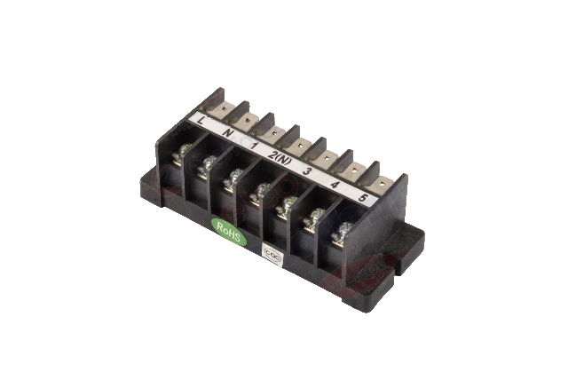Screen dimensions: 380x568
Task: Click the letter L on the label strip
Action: (205, 121)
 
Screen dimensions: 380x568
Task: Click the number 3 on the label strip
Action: (307, 170)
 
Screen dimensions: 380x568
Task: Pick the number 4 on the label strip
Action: (335, 185)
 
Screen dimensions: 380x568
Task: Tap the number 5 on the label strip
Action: (363, 199)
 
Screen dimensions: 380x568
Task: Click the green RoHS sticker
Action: (228, 226)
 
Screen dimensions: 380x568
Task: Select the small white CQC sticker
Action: (273, 253)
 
